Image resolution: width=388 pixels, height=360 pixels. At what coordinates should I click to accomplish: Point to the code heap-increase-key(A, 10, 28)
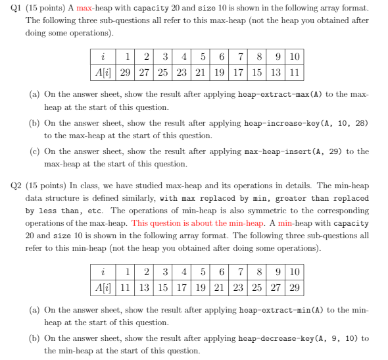pos(306,124)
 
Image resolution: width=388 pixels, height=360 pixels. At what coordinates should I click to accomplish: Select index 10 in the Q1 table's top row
pos(294,57)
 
